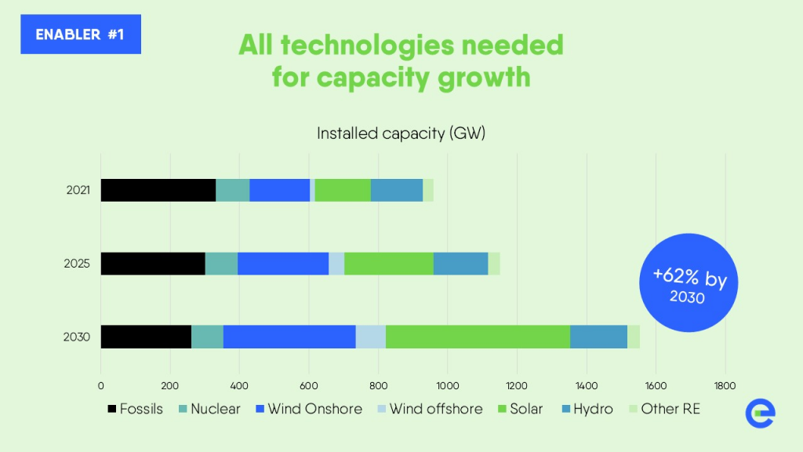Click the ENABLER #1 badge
[x=81, y=35]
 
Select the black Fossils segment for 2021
[x=158, y=190]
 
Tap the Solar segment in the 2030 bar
[x=478, y=337]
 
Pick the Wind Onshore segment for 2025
[x=283, y=264]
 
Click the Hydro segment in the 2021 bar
[x=397, y=190]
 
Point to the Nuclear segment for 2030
[x=207, y=337]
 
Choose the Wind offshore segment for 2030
[x=371, y=337]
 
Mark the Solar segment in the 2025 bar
[x=389, y=264]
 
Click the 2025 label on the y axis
[x=78, y=264]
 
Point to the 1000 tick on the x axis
[x=447, y=385]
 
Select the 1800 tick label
[x=725, y=385]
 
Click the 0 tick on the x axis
[x=101, y=385]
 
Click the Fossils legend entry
[x=134, y=409]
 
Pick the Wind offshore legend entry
[x=427, y=409]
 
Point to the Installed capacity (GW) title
[x=401, y=133]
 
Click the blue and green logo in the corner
[x=760, y=413]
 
